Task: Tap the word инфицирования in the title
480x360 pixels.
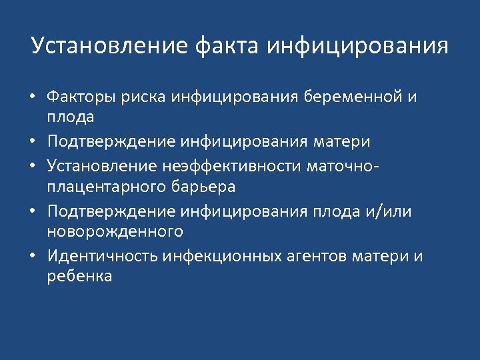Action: pyautogui.click(x=357, y=47)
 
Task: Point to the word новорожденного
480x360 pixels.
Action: pyautogui.click(x=115, y=233)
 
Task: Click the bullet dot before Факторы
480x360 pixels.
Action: pyautogui.click(x=33, y=98)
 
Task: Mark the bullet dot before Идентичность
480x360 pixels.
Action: pyautogui.click(x=33, y=257)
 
